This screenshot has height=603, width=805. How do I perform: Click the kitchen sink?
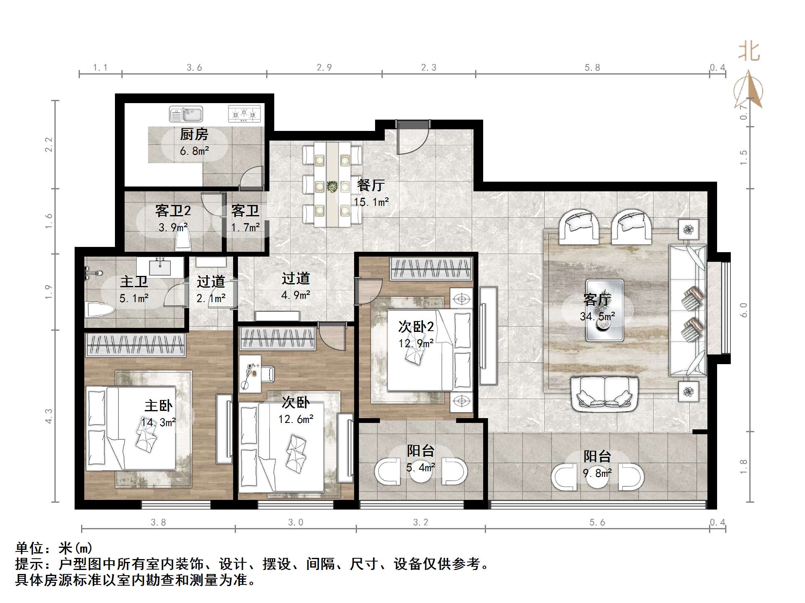tap(186, 114)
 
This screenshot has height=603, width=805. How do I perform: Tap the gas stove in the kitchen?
tap(244, 114)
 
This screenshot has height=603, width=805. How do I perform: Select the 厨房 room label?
tap(194, 134)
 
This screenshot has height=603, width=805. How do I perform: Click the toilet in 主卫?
tap(100, 311)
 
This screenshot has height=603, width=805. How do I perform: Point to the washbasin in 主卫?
tap(161, 267)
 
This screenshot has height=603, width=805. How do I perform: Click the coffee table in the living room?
tap(605, 311)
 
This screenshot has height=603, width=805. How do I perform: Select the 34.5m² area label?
tap(598, 317)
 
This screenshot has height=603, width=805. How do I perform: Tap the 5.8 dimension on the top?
tap(592, 68)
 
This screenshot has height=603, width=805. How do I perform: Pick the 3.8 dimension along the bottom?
tap(158, 522)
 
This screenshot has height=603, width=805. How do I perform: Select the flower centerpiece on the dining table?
tap(332, 186)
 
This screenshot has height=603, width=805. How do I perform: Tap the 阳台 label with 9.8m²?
tap(597, 456)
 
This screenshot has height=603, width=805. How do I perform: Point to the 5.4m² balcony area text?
tap(421, 468)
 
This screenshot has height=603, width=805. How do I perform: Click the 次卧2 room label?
tap(416, 327)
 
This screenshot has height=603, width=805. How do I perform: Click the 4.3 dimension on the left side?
tap(48, 416)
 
